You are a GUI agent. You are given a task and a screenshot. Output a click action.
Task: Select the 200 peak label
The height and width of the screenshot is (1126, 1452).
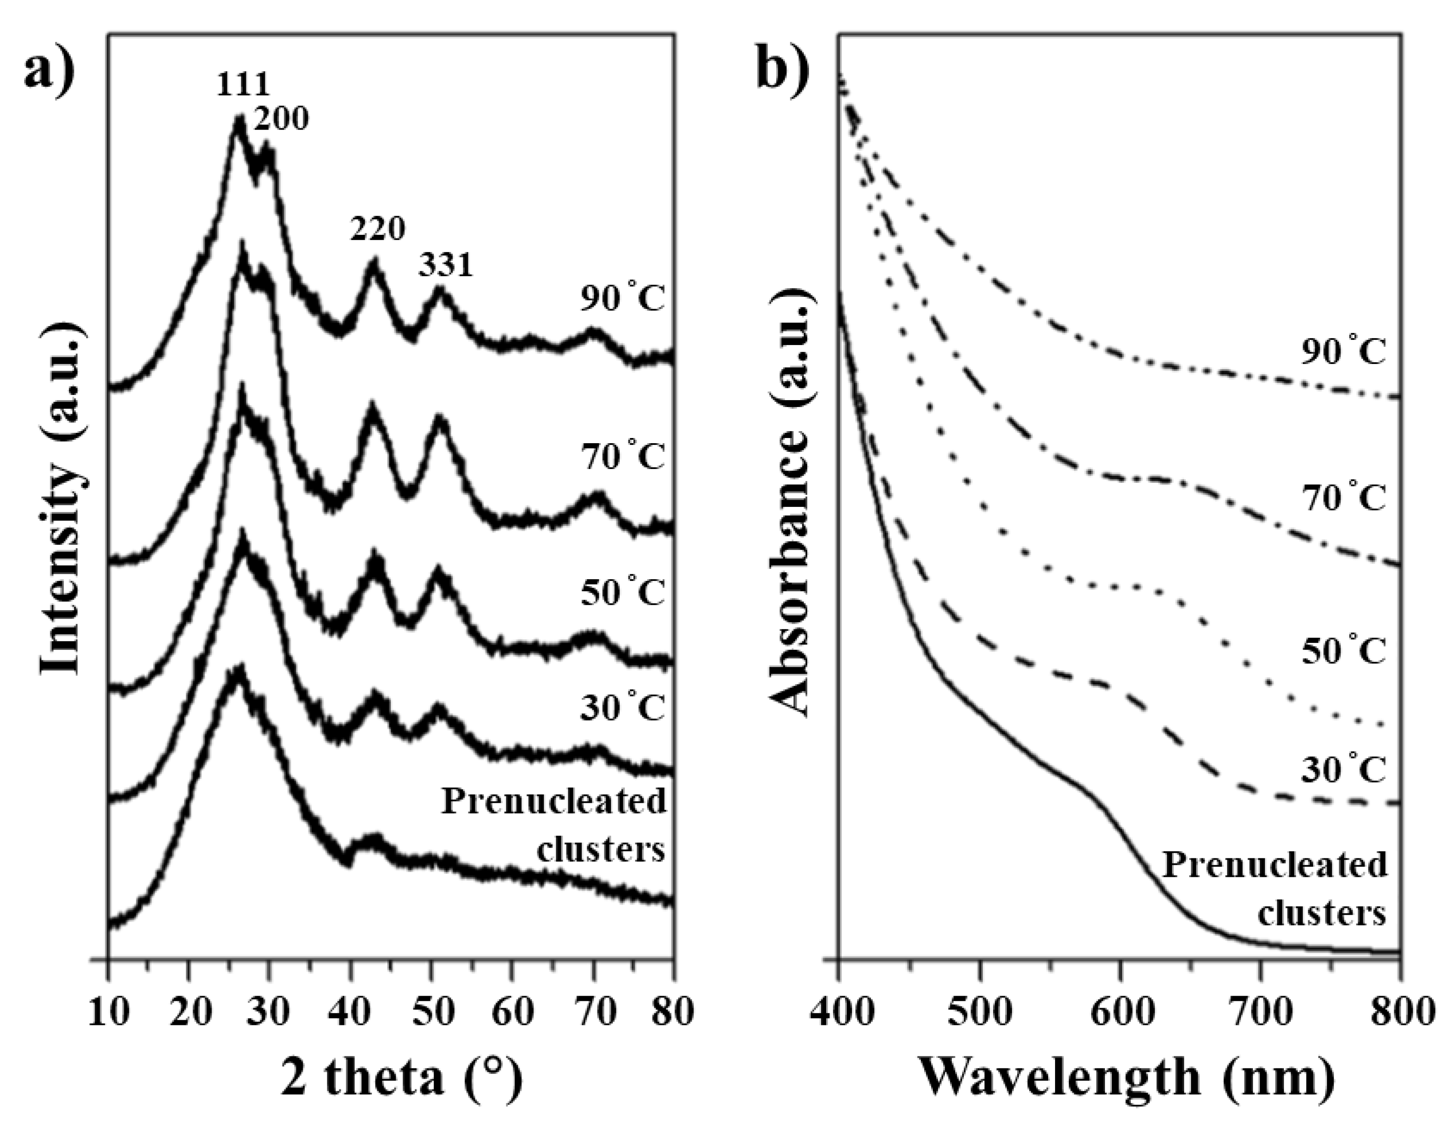(281, 119)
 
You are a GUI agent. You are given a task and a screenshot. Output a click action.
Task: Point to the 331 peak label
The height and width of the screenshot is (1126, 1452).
(446, 266)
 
